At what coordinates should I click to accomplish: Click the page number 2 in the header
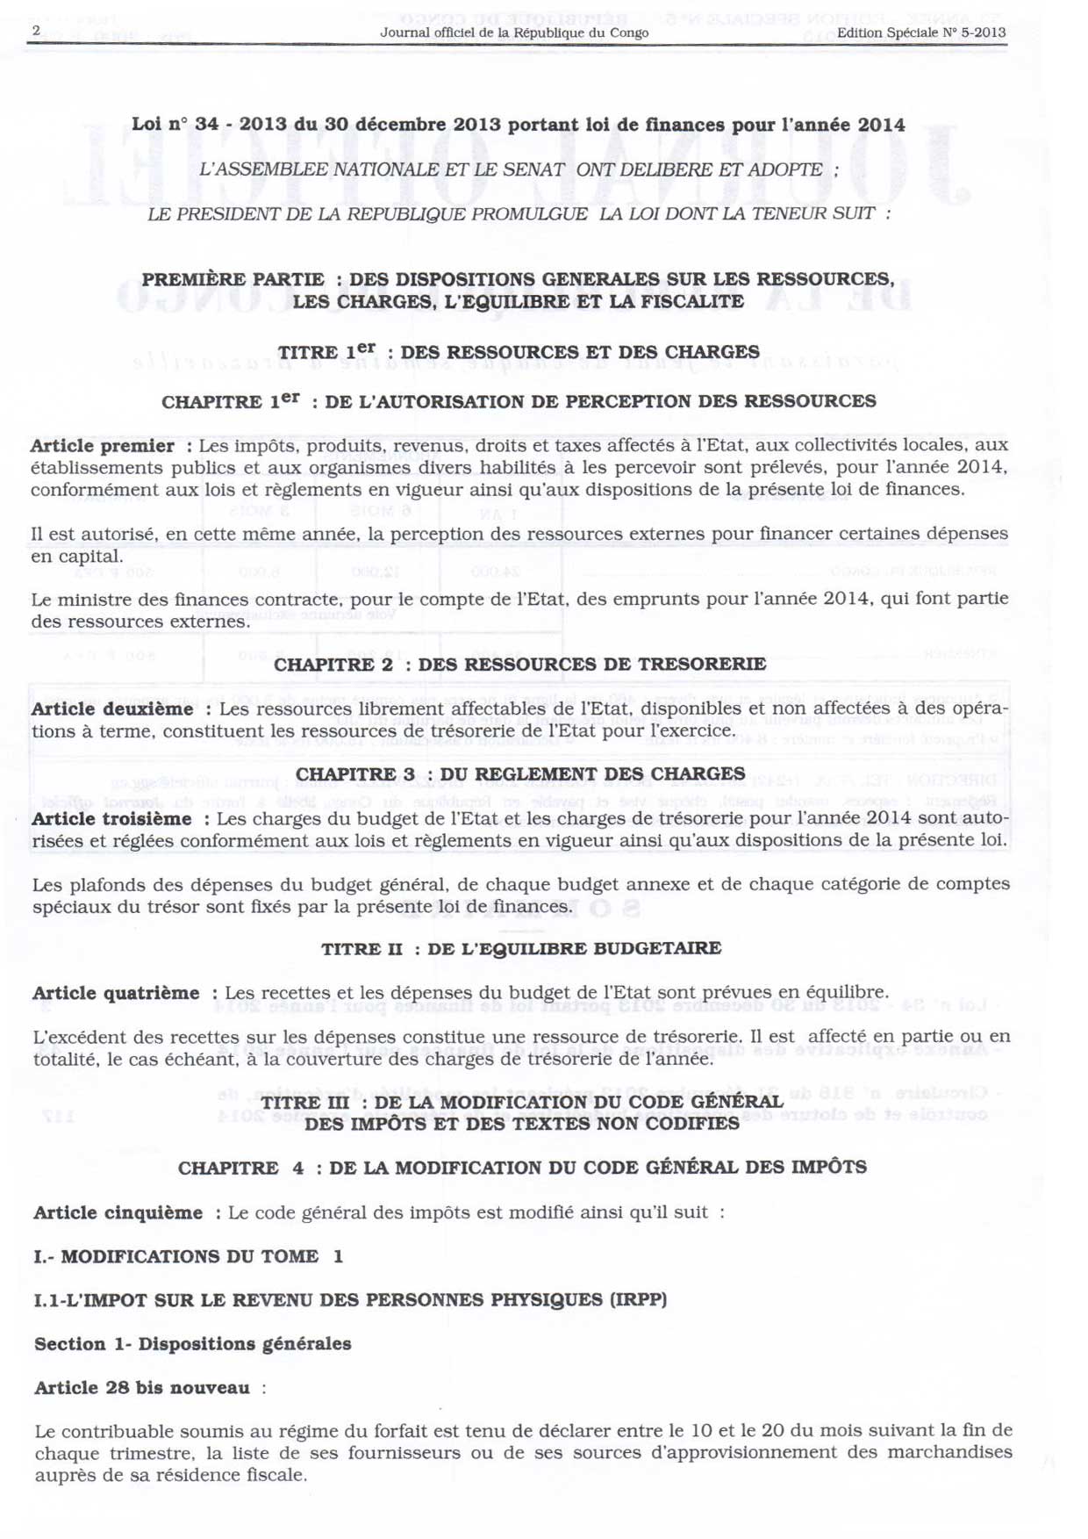pyautogui.click(x=36, y=31)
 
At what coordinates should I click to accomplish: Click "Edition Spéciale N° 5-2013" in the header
pyautogui.click(x=920, y=33)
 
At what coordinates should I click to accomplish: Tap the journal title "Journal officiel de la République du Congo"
pyautogui.click(x=514, y=33)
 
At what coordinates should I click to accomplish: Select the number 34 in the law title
pyautogui.click(x=206, y=125)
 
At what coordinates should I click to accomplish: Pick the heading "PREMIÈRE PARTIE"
pyautogui.click(x=233, y=280)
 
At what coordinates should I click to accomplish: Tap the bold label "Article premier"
pyautogui.click(x=102, y=446)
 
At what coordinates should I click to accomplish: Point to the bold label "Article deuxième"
pyautogui.click(x=112, y=708)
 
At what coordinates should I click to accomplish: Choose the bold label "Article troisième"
pyautogui.click(x=111, y=819)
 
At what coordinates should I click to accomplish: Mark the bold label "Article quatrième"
pyautogui.click(x=116, y=994)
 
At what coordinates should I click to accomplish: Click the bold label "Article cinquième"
pyautogui.click(x=118, y=1213)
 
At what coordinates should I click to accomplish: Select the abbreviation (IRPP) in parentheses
pyautogui.click(x=638, y=1300)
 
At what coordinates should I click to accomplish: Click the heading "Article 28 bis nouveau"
pyautogui.click(x=142, y=1388)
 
